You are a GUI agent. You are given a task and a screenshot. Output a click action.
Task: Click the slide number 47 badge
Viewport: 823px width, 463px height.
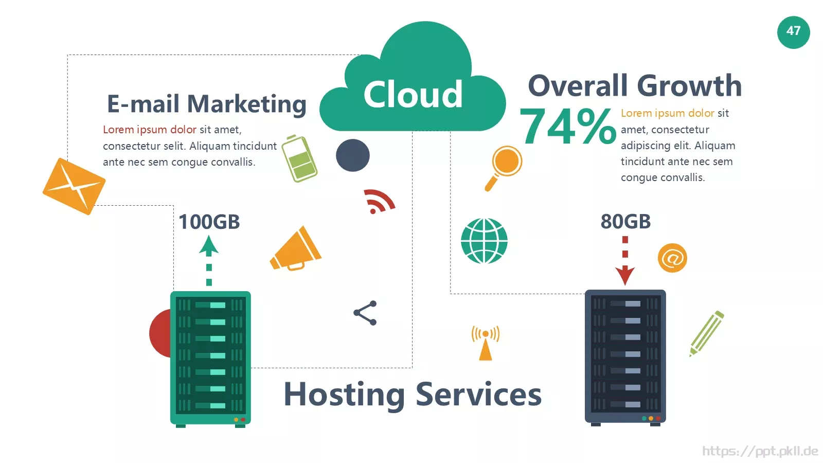click(793, 32)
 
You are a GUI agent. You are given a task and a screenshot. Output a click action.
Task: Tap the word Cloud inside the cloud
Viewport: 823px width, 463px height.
click(413, 94)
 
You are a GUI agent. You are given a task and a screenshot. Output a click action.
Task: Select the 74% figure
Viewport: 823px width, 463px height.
click(568, 126)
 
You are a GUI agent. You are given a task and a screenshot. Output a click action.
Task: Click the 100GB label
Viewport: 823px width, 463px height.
click(209, 222)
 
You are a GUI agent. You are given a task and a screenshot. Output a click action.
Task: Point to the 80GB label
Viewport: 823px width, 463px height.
click(625, 222)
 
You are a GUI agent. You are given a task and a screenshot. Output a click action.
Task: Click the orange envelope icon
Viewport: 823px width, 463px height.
click(74, 186)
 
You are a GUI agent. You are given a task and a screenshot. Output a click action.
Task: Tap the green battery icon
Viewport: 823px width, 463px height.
click(299, 158)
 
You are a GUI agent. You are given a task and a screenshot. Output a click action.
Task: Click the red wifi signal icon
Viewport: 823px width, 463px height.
click(379, 201)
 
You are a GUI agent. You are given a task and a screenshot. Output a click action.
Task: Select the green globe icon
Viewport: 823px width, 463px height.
click(484, 241)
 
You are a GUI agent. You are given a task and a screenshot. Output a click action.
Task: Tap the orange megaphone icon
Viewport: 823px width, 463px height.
click(296, 249)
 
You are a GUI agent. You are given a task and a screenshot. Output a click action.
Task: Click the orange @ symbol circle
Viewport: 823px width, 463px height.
click(672, 258)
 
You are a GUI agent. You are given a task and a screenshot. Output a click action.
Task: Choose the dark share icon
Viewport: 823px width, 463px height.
click(365, 313)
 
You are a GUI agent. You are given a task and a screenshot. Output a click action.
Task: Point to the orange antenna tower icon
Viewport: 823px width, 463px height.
click(486, 343)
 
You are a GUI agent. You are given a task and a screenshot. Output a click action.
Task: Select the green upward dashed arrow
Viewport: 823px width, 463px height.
click(209, 260)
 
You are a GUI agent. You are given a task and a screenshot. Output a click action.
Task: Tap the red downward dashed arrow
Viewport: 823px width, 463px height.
click(625, 261)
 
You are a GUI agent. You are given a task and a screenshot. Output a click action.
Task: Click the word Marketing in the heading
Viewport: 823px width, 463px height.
click(247, 104)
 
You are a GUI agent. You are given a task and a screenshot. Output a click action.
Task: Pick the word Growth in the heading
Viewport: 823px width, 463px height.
click(689, 85)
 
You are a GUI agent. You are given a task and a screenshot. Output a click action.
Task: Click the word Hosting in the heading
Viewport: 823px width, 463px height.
click(345, 395)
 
